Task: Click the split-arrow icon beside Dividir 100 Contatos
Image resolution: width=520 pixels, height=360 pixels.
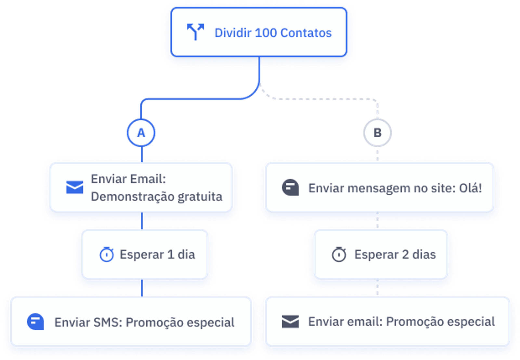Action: point(195,32)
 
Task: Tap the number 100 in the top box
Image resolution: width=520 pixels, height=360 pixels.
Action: point(266,33)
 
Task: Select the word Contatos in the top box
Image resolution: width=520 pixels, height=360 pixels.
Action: point(306,33)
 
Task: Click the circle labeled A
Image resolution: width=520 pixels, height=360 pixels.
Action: point(141,133)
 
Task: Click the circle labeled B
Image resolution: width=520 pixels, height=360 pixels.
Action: point(377,133)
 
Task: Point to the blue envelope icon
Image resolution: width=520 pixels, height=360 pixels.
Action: point(75,187)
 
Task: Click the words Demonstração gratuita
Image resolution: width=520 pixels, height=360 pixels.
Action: point(157,197)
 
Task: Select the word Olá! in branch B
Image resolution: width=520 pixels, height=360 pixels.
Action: point(470,188)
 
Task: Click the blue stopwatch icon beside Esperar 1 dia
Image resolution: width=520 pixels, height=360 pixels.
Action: point(107,254)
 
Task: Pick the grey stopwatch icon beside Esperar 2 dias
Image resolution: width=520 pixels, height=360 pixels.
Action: point(339,254)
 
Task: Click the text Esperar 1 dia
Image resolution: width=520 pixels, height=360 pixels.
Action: point(157,254)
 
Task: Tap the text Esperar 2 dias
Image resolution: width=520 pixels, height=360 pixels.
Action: point(395,254)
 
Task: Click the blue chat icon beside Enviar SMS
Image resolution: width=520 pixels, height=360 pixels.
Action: point(35,322)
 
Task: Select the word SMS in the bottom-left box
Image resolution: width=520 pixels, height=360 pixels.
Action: point(108,322)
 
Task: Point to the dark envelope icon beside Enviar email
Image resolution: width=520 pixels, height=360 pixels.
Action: point(290,321)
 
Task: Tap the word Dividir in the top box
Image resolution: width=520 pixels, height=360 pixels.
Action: point(233,33)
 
